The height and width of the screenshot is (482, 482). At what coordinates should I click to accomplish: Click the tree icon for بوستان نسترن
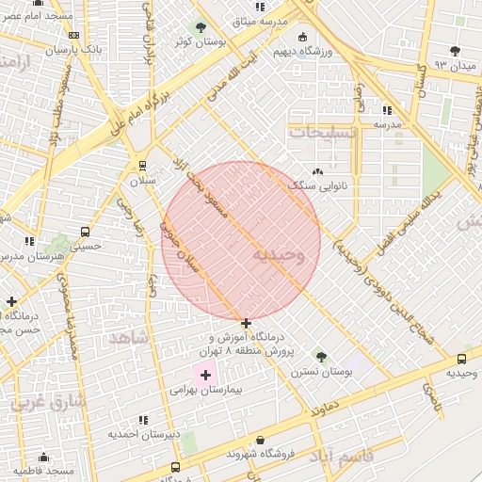(321, 357)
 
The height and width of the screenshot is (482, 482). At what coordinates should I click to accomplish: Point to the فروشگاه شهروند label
(261, 454)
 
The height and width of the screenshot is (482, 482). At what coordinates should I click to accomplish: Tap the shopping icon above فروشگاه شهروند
(260, 440)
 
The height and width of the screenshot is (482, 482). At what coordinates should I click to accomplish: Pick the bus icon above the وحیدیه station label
(461, 359)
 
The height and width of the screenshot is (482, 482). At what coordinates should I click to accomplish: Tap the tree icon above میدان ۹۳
(456, 51)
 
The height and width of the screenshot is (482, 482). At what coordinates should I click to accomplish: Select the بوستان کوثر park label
(199, 42)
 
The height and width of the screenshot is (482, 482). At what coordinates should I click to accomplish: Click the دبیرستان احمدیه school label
(142, 434)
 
